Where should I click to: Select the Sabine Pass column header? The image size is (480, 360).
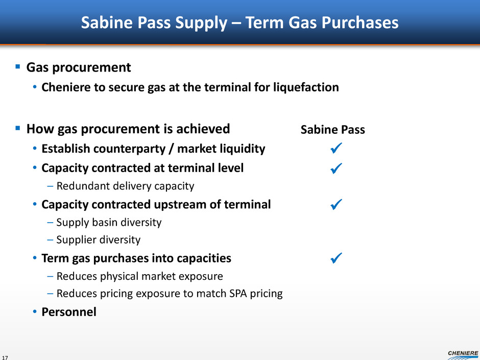pyautogui.click(x=333, y=130)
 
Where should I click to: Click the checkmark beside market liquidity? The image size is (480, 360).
pyautogui.click(x=336, y=148)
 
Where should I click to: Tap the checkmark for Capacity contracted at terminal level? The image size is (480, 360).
pyautogui.click(x=336, y=169)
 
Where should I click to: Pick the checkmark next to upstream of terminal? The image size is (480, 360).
pyautogui.click(x=336, y=204)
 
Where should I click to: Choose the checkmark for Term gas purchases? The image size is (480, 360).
pyautogui.click(x=336, y=258)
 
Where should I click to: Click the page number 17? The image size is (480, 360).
pyautogui.click(x=5, y=357)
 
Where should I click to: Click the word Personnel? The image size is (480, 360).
pyautogui.click(x=69, y=312)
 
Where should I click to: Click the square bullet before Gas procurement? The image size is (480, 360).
pyautogui.click(x=18, y=66)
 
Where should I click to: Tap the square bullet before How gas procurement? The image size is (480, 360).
pyautogui.click(x=18, y=128)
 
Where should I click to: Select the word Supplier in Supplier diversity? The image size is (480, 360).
pyautogui.click(x=76, y=239)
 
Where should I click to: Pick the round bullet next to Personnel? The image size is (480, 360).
pyautogui.click(x=35, y=312)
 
